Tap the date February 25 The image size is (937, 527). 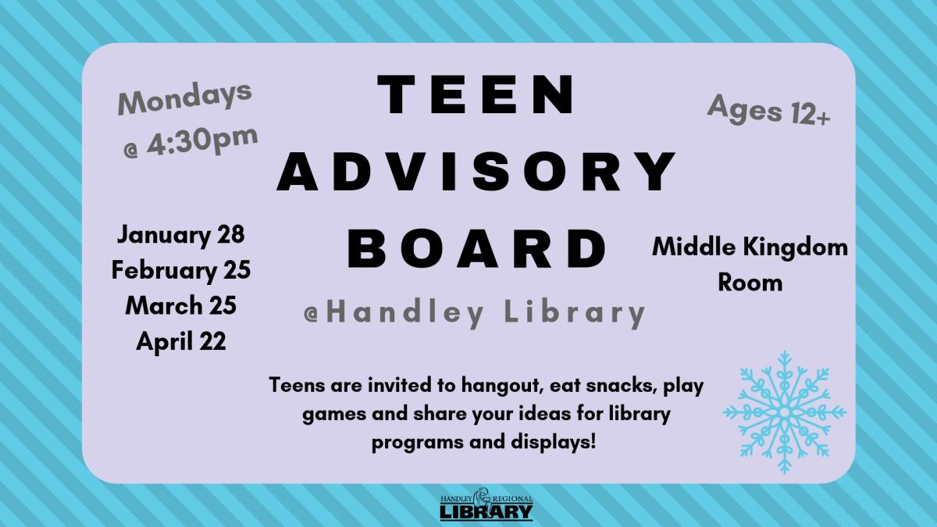180,270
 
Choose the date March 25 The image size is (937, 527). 180,305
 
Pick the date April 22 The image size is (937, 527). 180,340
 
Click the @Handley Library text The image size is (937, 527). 475,313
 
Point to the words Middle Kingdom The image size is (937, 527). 750,247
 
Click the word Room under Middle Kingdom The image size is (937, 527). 750,282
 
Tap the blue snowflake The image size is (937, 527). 784,411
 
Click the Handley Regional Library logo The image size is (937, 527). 486,507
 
